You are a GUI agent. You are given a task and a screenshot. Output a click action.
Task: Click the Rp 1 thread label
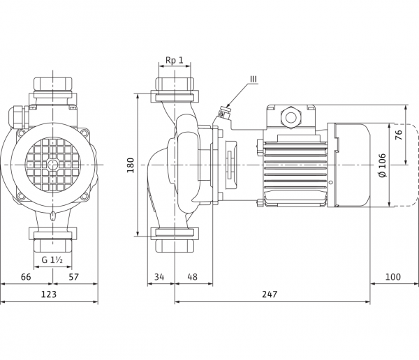tap(175, 60)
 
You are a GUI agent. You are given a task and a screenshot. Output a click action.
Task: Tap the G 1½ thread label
tap(52, 260)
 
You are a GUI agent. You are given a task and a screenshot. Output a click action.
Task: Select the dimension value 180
tap(130, 165)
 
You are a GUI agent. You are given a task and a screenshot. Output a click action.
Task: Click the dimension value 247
tap(270, 294)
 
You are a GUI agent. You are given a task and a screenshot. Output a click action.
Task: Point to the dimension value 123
tap(49, 294)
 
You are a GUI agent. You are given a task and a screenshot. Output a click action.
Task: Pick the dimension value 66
tap(26, 277)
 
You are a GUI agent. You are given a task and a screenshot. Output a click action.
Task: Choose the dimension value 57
tap(74, 277)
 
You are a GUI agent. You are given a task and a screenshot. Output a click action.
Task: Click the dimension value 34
tap(159, 277)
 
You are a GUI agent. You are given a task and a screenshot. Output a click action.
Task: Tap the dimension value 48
tap(193, 277)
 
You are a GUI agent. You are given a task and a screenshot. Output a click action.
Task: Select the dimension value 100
tap(393, 277)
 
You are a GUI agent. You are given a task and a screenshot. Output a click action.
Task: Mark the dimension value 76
tap(399, 135)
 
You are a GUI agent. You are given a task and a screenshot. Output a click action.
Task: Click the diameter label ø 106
tap(383, 165)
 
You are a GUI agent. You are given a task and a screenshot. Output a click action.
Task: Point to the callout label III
tap(253, 79)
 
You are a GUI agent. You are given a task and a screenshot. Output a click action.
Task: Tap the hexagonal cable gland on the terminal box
tap(291, 117)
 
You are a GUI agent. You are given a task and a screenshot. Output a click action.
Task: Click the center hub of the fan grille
tap(52, 165)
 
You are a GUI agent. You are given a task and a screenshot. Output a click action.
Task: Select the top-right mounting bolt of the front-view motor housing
tap(84, 133)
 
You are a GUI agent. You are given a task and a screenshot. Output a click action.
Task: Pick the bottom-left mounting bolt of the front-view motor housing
tap(20, 197)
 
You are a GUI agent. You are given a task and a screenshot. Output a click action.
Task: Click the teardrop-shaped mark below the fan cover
tap(53, 216)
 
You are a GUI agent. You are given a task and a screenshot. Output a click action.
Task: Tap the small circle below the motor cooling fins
tap(330, 182)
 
